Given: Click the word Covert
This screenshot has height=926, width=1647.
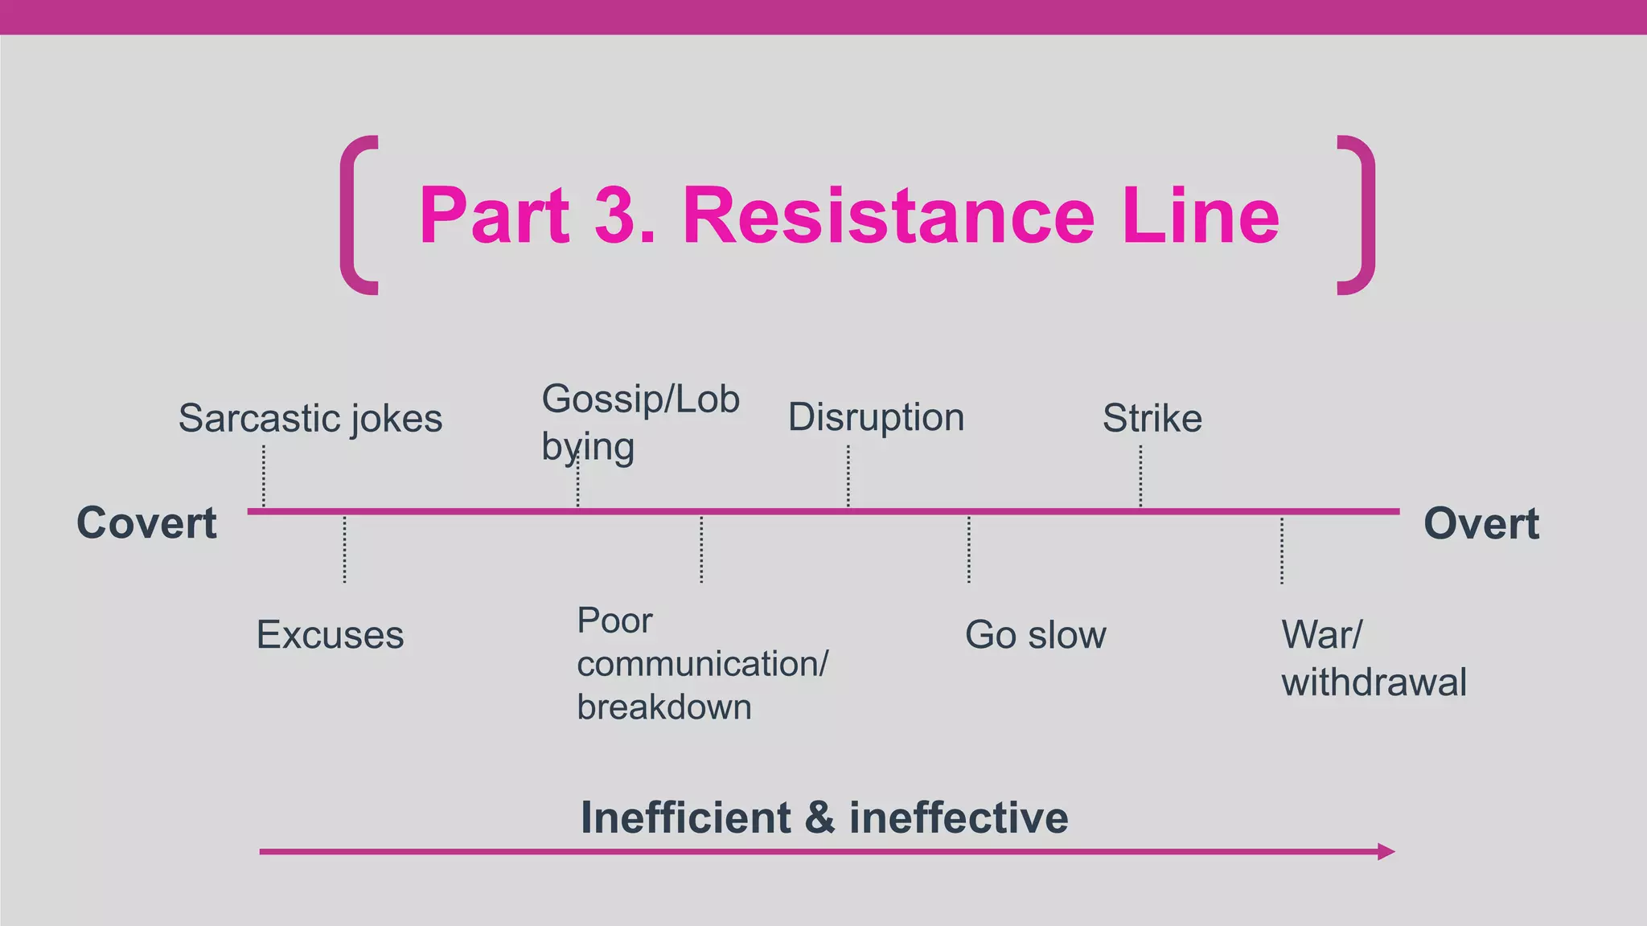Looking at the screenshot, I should coord(146,523).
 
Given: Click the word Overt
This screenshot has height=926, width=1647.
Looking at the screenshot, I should coord(1481,523).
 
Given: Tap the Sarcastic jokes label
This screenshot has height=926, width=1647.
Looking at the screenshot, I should coord(310,418).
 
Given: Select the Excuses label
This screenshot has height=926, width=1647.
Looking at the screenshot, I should coord(330,635).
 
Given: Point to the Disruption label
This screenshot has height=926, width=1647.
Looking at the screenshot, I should coord(876,417).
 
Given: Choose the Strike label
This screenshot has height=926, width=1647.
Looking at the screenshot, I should coord(1152,418).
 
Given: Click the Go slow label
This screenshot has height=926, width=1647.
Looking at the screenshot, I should coord(1035,635).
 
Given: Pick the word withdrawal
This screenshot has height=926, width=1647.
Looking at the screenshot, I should coord(1374,682).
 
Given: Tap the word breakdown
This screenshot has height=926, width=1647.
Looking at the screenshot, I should coord(664,707).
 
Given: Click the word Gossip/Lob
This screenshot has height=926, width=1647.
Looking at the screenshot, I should coord(640,399).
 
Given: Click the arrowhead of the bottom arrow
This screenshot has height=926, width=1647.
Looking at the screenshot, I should coord(1386,851).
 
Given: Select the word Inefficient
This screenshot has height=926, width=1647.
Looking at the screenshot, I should coord(686,817).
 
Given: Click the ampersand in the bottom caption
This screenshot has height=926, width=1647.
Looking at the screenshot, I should coord(819,817).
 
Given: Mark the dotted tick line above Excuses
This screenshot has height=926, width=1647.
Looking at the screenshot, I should coord(345,549).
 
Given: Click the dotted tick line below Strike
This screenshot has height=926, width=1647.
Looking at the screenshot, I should coord(1140,476).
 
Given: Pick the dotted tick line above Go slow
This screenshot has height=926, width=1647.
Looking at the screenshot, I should coord(969,549).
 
